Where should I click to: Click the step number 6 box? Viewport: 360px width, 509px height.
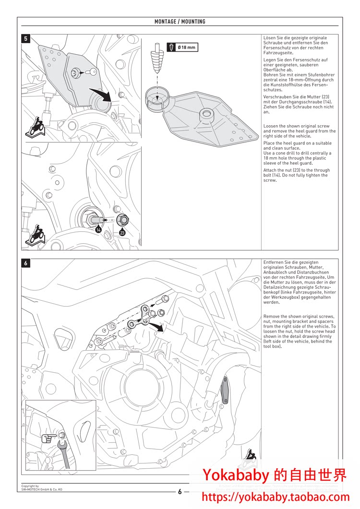pos(26,263)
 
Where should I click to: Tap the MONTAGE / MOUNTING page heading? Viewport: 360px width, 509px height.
pos(180,22)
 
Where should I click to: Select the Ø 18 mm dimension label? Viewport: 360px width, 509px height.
pos(186,47)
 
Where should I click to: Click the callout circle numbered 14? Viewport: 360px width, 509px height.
pos(98,230)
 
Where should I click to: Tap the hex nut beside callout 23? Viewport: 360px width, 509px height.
pos(122,220)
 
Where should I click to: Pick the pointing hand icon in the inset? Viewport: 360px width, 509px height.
pos(48,438)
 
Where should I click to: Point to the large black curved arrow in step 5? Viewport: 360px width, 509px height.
pos(101,92)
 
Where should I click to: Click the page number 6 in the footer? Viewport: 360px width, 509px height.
pos(180,492)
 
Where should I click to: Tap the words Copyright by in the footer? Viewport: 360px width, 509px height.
pos(30,486)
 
